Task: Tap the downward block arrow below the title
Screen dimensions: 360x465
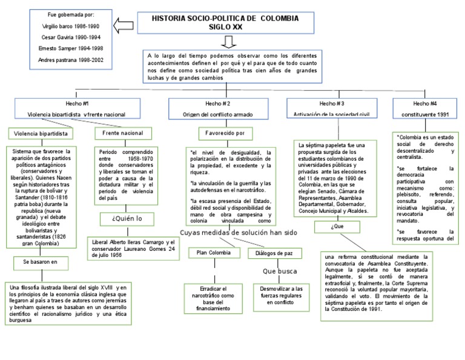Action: (228, 42)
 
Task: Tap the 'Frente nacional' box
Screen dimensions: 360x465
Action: (124, 132)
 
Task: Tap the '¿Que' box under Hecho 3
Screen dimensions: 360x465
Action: (337, 227)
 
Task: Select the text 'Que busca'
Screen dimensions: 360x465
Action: (279, 271)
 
